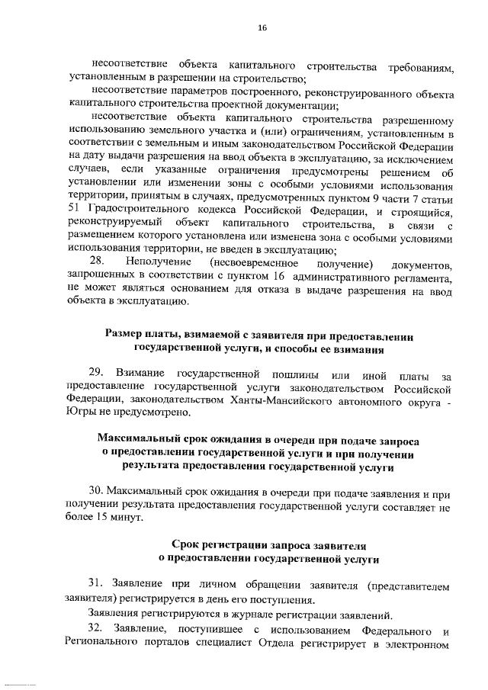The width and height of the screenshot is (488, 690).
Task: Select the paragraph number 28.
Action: coord(97,262)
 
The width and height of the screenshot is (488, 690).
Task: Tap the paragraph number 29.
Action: coord(96,372)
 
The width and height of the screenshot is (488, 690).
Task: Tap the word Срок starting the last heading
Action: coord(187,546)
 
